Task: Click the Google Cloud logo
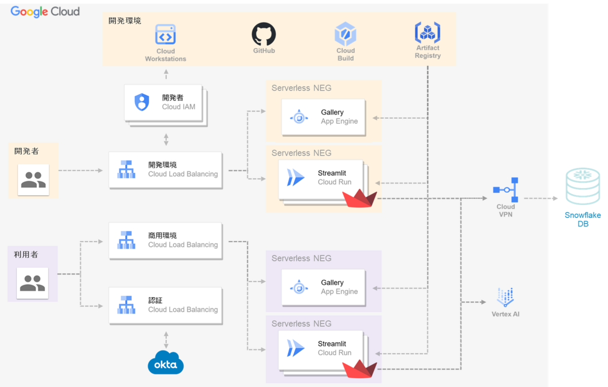pyautogui.click(x=45, y=11)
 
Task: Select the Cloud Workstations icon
pyautogui.click(x=165, y=36)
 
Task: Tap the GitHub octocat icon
pyautogui.click(x=263, y=34)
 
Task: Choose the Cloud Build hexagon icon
pyautogui.click(x=345, y=35)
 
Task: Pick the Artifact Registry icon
pyautogui.click(x=427, y=33)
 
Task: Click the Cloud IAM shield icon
pyautogui.click(x=142, y=102)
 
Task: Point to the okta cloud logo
pyautogui.click(x=166, y=363)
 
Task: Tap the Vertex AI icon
pyautogui.click(x=505, y=297)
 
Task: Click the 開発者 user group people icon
pyautogui.click(x=33, y=180)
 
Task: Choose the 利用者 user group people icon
pyautogui.click(x=32, y=283)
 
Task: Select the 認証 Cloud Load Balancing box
pyautogui.click(x=166, y=306)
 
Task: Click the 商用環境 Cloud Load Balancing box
pyautogui.click(x=166, y=240)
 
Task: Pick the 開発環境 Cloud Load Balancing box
pyautogui.click(x=166, y=170)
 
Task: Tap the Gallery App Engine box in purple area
pyautogui.click(x=323, y=288)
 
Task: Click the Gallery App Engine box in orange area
pyautogui.click(x=323, y=117)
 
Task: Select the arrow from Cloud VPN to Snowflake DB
pyautogui.click(x=541, y=199)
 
